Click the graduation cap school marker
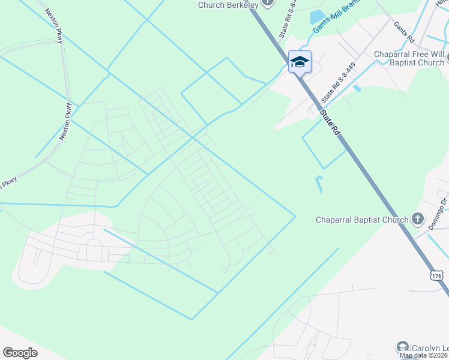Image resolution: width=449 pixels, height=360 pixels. (x=300, y=62)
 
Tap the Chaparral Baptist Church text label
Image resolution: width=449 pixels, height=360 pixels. (x=362, y=220)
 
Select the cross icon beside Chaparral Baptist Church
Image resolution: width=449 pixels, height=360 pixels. (x=419, y=220)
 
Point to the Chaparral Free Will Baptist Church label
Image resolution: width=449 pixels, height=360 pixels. (x=409, y=58)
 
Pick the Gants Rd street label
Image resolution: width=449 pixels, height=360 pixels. (x=404, y=32)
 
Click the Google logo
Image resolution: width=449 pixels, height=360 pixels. (x=20, y=353)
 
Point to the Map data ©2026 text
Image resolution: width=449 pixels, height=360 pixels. (x=424, y=355)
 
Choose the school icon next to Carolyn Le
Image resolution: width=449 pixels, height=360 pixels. (x=402, y=347)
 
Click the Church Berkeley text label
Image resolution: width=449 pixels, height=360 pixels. (x=229, y=5)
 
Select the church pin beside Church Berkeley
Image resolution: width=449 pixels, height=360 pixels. (x=268, y=3)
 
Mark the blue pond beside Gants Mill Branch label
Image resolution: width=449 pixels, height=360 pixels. (x=317, y=17)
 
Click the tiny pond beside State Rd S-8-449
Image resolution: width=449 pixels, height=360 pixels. (x=357, y=88)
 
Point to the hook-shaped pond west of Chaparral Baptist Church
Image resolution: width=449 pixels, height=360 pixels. (x=319, y=184)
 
